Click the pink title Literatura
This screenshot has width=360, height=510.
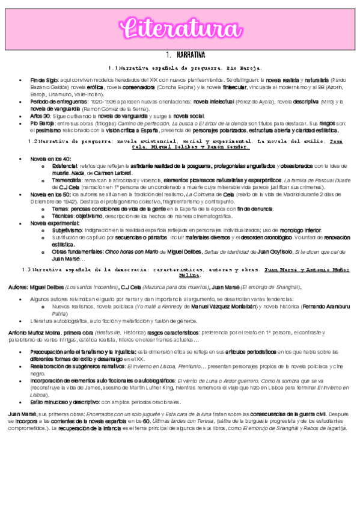pyautogui.click(x=180, y=28)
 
